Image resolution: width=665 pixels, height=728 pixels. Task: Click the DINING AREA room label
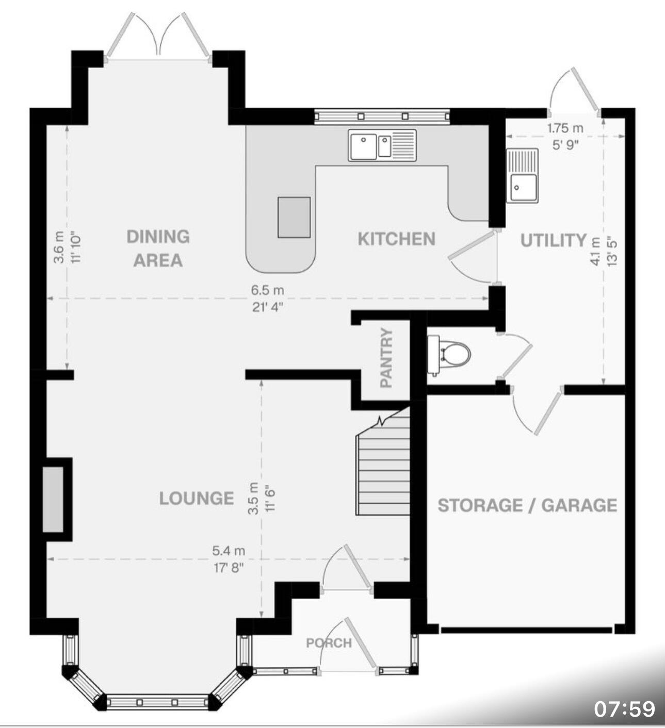[158, 248]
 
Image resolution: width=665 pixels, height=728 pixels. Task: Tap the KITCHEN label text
[396, 239]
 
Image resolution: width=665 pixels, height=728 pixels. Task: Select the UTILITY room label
[553, 240]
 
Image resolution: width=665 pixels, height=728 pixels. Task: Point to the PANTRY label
[386, 357]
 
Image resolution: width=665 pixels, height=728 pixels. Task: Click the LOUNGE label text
[197, 498]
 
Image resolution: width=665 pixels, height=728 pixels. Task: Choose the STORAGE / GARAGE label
[527, 505]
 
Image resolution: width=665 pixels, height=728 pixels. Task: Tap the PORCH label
[329, 643]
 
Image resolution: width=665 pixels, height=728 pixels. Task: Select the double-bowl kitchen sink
[382, 145]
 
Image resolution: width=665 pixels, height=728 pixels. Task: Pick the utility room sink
[522, 175]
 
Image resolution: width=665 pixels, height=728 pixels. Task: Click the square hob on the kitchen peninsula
[294, 217]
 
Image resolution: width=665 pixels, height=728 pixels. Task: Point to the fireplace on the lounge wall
[53, 499]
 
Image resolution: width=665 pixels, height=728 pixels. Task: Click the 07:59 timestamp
[624, 708]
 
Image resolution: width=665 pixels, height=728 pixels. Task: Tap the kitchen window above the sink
[382, 117]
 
